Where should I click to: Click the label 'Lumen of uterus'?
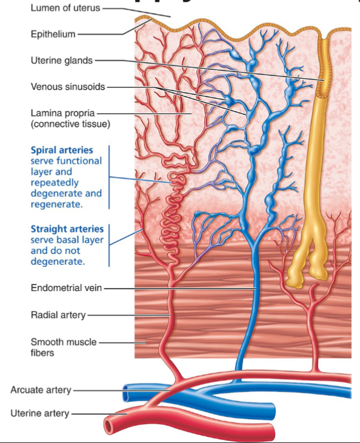click(65, 8)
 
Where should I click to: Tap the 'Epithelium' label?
click(53, 34)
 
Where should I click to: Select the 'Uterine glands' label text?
click(62, 60)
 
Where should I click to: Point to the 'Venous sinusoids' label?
click(68, 87)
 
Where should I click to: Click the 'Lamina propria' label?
click(62, 113)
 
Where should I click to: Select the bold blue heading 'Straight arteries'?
click(67, 229)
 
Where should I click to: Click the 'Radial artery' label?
click(58, 315)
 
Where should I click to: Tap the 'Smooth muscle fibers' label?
click(63, 347)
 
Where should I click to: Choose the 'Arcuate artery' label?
click(41, 390)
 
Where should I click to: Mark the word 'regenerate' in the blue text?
click(56, 205)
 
